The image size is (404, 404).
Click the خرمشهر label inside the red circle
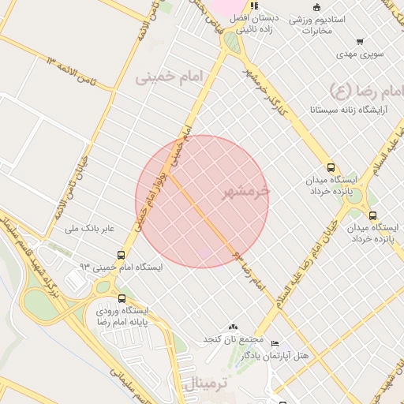pyautogui.click(x=241, y=191)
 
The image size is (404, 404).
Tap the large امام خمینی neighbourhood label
pyautogui.click(x=169, y=77)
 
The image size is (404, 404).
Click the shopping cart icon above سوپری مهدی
pyautogui.click(x=360, y=42)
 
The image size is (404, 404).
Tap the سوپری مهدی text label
pyautogui.click(x=360, y=54)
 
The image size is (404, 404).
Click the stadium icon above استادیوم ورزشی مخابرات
pyautogui.click(x=316, y=8)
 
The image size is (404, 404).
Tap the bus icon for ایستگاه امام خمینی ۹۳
pyautogui.click(x=121, y=255)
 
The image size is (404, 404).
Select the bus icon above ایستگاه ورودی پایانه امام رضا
pyautogui.click(x=122, y=299)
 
